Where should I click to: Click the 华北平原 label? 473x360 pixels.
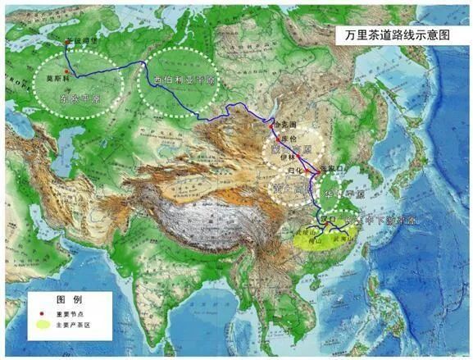tap(334, 195)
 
